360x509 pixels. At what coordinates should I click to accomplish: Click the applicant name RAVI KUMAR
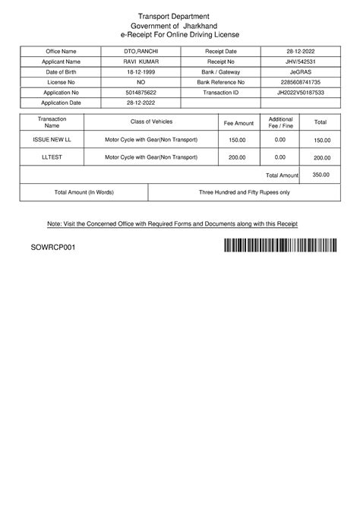coord(141,61)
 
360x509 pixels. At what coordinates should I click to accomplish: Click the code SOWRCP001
coord(52,248)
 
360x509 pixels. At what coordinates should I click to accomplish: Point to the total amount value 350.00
coord(321,175)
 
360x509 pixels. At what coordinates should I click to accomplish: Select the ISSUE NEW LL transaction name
coord(51,140)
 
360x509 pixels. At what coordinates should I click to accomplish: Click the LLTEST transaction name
coord(51,156)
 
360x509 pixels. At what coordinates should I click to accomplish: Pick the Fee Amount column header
coord(238,122)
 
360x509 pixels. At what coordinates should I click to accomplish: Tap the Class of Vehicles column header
coord(151,122)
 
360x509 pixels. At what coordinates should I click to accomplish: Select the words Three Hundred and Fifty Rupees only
coord(244,193)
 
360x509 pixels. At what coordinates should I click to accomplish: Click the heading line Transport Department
coord(178,16)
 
